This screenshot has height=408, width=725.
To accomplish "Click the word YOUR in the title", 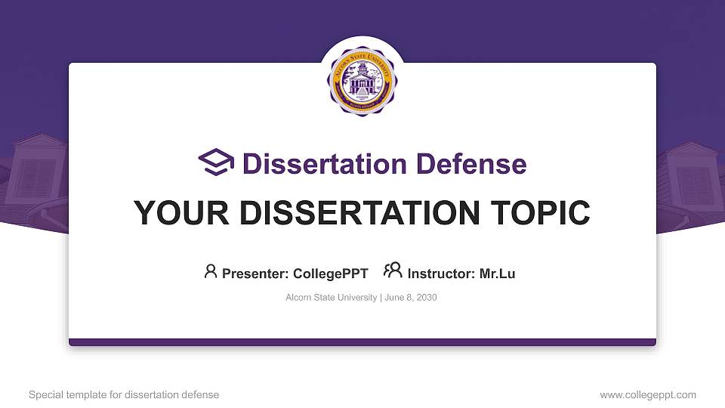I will [x=173, y=213].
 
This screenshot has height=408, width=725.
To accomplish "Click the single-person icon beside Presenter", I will [x=211, y=271].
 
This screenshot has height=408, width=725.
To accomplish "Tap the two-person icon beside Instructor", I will [x=393, y=270].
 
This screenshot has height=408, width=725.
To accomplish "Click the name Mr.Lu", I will [x=497, y=274].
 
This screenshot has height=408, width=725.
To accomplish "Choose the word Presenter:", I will [x=255, y=274].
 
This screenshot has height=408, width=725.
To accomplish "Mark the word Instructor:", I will [x=441, y=274].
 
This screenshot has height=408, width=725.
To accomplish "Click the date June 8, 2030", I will [x=411, y=298].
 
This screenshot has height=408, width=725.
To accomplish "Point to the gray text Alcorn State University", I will [x=331, y=298].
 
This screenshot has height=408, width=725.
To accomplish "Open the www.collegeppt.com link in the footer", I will [x=648, y=394].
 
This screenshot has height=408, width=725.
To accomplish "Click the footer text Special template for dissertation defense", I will [x=124, y=394].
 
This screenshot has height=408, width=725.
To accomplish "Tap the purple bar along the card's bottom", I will [x=362, y=342].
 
